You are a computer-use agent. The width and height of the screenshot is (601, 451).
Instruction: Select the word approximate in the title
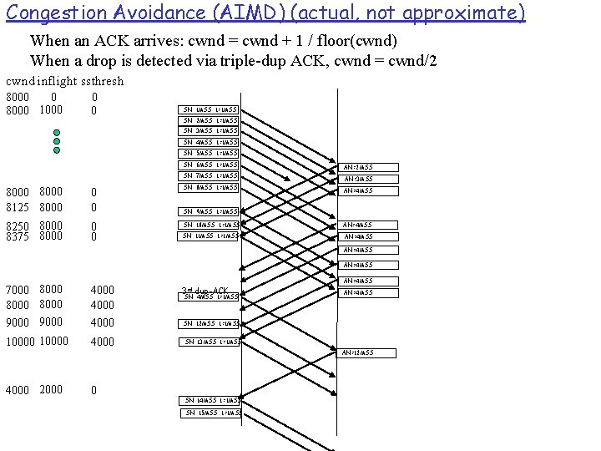pos(464,13)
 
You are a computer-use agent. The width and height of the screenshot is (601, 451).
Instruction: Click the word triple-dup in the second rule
pos(262,60)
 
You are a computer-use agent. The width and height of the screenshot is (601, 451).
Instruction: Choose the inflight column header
pos(57,81)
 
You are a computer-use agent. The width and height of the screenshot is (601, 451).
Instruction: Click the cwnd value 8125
pos(18,207)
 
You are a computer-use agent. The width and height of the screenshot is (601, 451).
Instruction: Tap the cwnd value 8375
pos(18,236)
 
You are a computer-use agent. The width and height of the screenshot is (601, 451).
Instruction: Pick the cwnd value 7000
pos(18,290)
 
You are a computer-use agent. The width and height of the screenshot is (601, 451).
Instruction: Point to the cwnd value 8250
pos(18,225)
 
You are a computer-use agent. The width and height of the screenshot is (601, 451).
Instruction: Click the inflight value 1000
pos(51,110)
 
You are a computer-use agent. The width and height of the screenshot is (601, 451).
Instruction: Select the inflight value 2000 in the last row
pos(51,390)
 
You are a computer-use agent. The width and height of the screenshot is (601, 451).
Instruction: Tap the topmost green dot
pos(57,133)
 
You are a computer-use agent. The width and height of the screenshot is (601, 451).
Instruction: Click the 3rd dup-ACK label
pos(205,291)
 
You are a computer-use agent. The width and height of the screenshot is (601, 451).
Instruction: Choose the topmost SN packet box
pos(210,109)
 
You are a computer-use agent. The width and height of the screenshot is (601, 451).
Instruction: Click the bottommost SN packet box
pos(212,413)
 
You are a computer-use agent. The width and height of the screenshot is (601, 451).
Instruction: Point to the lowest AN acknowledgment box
pos(358,352)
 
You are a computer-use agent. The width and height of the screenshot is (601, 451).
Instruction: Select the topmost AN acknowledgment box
pos(358,167)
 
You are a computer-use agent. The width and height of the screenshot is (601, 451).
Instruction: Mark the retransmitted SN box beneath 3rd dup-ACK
pos(210,297)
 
